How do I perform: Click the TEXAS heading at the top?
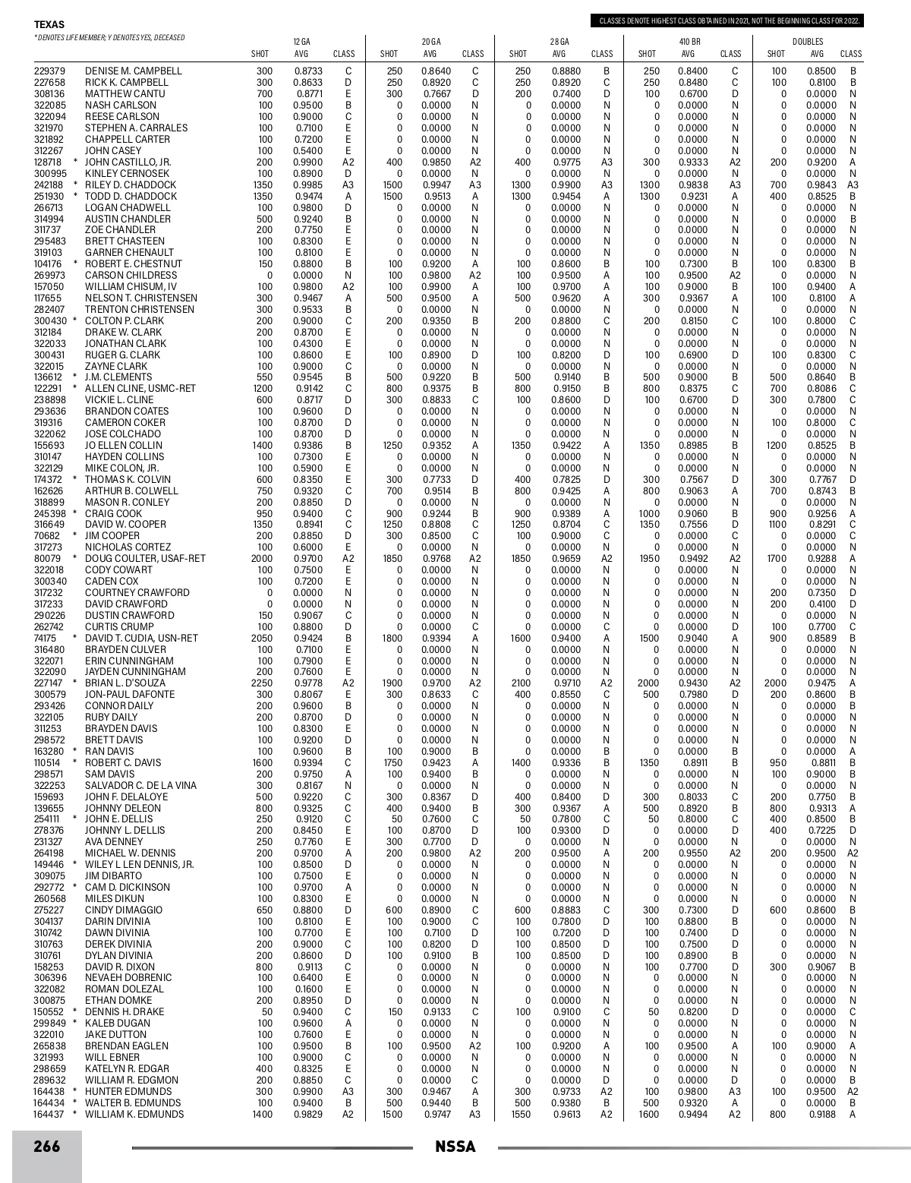(49, 25)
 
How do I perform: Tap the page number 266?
(46, 1147)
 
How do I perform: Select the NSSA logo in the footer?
(455, 1147)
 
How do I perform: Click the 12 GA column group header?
(301, 41)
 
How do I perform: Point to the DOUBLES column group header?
(808, 41)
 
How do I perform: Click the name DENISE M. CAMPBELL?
(134, 71)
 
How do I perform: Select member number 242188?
(49, 185)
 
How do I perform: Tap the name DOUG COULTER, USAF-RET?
(145, 559)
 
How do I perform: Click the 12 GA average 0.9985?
(307, 185)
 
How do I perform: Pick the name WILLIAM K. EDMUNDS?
(134, 1115)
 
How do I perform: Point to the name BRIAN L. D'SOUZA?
(125, 683)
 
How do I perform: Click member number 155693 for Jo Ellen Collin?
(49, 446)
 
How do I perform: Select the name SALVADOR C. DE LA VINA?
(140, 786)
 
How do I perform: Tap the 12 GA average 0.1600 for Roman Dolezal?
(307, 989)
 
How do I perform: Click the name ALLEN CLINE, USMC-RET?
(140, 389)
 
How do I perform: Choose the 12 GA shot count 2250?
(262, 683)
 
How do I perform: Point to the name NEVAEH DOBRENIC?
(128, 978)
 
